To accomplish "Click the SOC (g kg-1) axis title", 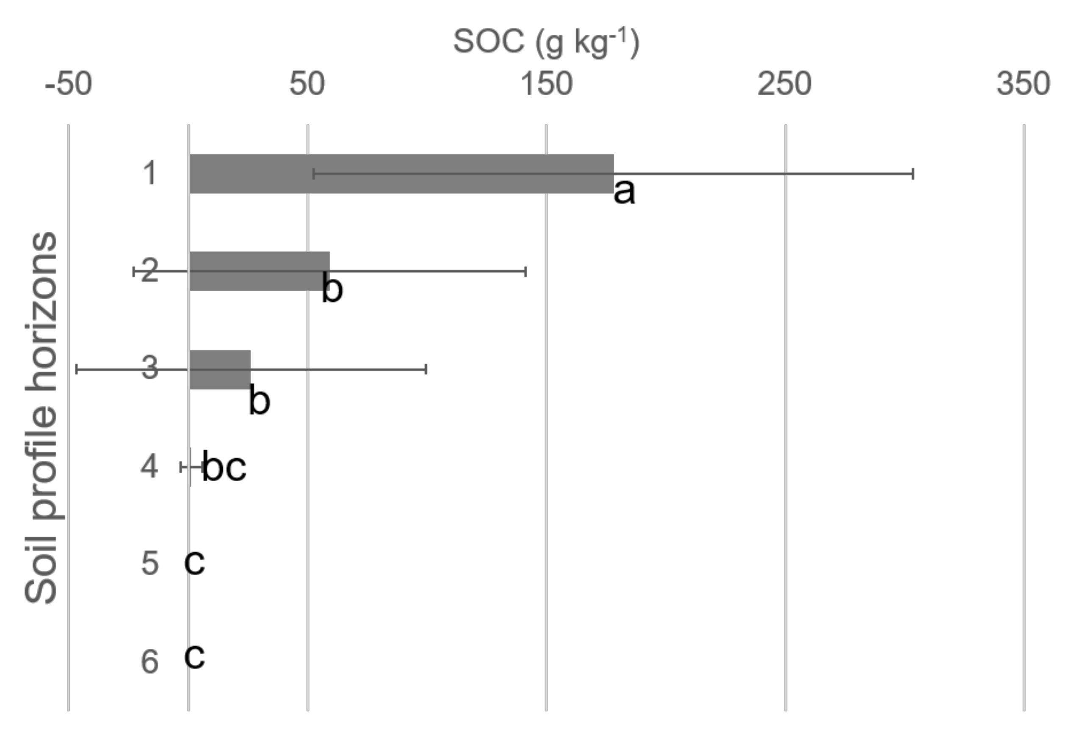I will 546,42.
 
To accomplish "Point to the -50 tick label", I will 68,84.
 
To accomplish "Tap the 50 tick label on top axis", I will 307,84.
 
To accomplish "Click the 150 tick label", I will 546,84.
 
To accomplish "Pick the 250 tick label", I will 785,84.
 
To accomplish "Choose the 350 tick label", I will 1023,84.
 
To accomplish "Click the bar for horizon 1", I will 401,174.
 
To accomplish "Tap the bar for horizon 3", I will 220,369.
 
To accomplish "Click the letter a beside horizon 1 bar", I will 624,192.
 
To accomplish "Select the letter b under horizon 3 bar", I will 259,401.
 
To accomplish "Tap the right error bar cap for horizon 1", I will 913,174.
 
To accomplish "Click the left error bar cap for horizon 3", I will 77,369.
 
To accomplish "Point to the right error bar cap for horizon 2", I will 526,271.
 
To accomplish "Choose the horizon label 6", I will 149,662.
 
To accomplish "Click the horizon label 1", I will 149,174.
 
